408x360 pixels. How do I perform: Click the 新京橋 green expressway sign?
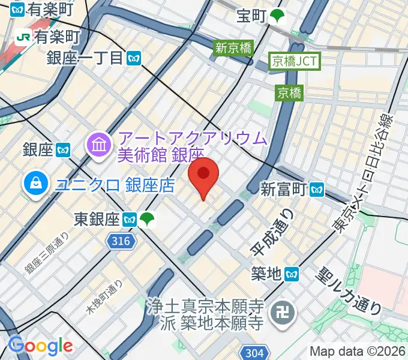(234, 48)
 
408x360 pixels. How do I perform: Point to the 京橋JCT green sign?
(296, 61)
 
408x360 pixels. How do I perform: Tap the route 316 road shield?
(120, 241)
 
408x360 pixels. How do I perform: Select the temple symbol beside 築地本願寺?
(279, 312)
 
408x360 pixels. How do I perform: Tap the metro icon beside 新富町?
(317, 190)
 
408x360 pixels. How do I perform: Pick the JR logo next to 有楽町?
(24, 37)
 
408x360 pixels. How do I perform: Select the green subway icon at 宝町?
(277, 17)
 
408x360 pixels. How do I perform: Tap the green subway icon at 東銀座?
(147, 220)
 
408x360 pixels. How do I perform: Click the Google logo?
(40, 346)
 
